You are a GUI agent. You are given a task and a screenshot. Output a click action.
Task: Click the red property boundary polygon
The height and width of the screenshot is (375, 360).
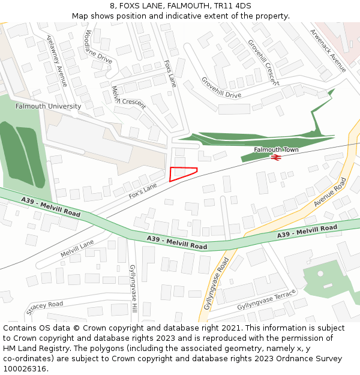181,173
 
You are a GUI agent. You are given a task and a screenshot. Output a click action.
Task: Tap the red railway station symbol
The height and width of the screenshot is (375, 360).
276,157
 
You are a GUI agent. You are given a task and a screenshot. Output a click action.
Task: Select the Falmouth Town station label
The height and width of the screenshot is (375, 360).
276,149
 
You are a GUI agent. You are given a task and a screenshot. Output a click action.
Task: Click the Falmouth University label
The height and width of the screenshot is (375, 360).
48,106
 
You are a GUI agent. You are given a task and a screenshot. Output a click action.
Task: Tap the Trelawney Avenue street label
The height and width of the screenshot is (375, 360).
57,60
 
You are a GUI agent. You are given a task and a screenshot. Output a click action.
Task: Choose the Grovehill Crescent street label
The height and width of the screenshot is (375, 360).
263,62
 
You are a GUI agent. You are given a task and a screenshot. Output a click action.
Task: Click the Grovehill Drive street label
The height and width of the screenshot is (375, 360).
221,88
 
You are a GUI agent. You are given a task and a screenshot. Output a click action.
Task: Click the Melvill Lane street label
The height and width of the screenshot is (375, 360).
77,248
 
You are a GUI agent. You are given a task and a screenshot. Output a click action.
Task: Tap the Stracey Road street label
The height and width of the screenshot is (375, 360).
44,308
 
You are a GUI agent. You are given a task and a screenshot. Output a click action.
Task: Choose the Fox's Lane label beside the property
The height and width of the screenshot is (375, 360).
142,191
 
